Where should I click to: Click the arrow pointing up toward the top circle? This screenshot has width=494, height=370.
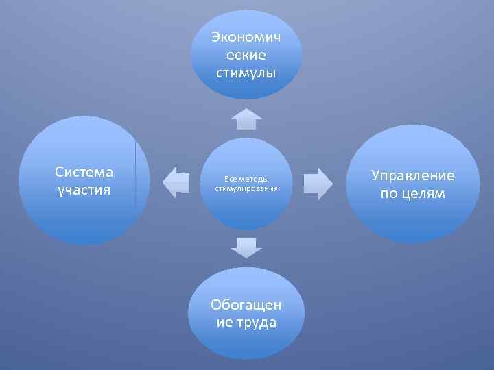246,118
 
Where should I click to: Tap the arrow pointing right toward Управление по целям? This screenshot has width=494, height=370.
318,183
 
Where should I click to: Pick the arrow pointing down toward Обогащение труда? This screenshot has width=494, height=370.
246,247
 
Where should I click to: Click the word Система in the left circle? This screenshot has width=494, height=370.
84,172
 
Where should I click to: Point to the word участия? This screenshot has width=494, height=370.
84,189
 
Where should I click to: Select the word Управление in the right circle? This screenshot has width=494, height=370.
413,176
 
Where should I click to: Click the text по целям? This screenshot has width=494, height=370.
413,194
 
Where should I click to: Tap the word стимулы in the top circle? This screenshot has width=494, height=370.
246,72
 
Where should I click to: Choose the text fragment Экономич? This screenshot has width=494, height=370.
246,36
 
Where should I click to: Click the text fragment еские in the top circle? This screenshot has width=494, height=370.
246,54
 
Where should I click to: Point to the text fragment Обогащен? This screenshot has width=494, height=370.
246,304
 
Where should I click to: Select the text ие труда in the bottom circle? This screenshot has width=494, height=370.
246,322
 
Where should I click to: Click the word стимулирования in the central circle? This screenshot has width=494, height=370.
246,188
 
